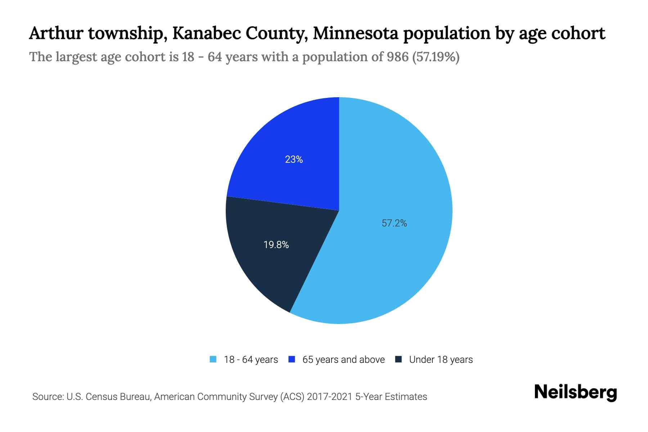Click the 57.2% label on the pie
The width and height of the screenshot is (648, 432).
click(394, 223)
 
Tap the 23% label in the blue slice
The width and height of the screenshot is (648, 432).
click(294, 159)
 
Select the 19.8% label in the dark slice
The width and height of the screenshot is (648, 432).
click(276, 245)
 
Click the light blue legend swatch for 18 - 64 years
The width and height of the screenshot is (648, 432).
click(213, 359)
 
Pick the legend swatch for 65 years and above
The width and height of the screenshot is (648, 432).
click(292, 359)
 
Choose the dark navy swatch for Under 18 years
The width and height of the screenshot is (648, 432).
click(399, 359)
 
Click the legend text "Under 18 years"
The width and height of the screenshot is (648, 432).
click(441, 360)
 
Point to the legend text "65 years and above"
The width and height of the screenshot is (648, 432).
click(343, 360)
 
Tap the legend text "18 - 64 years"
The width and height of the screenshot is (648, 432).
click(251, 360)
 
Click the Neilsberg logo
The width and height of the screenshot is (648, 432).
click(575, 392)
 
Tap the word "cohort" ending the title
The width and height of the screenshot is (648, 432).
click(582, 33)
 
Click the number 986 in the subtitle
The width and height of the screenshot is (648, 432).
click(398, 57)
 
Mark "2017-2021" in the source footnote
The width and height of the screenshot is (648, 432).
click(330, 397)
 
